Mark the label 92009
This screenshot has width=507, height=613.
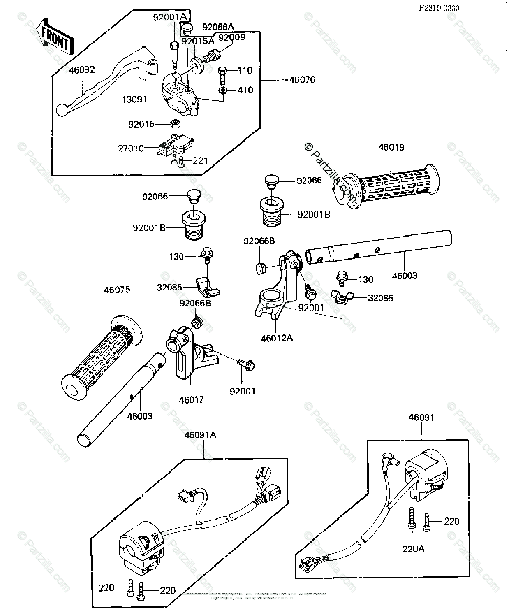click(x=232, y=37)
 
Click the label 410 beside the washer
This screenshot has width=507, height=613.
click(x=245, y=90)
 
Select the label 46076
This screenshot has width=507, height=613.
click(x=302, y=80)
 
